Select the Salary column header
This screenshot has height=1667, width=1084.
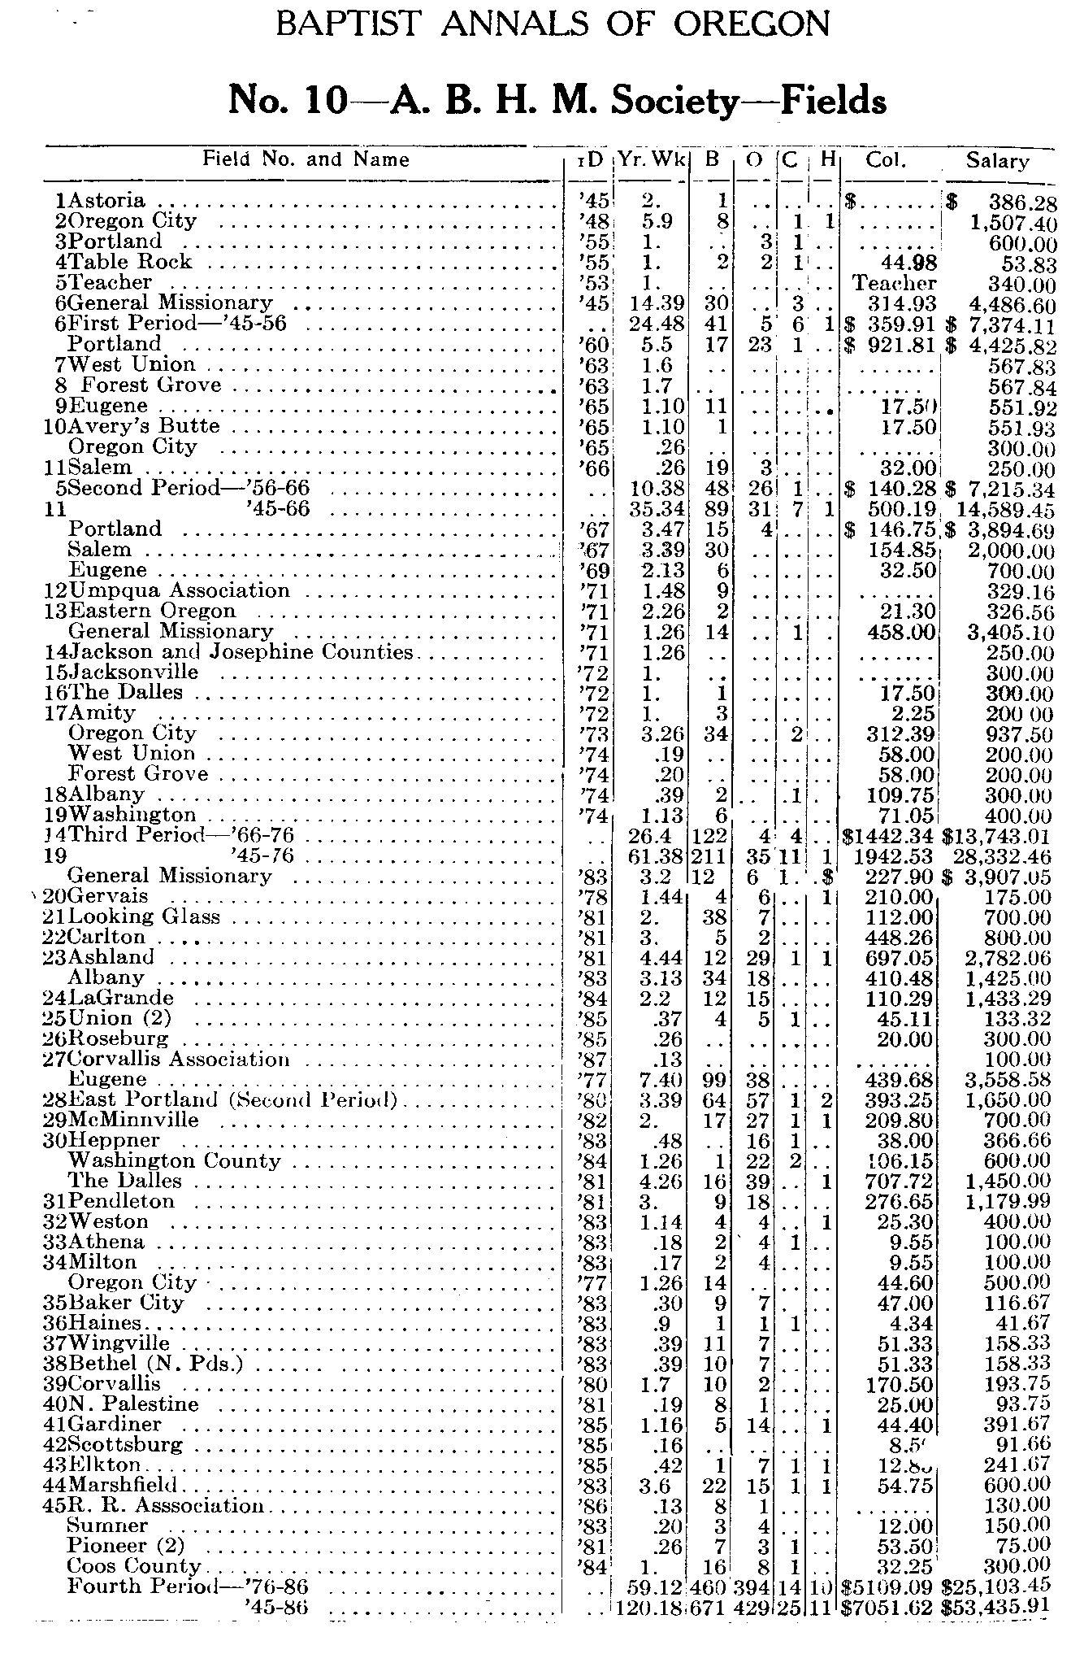point(997,160)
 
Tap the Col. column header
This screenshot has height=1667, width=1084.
point(886,160)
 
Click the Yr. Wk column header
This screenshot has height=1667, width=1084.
point(652,160)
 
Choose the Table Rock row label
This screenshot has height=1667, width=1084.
point(130,262)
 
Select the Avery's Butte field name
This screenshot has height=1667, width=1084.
point(145,426)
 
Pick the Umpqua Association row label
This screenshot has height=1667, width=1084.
point(180,590)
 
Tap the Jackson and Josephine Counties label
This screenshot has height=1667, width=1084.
point(241,651)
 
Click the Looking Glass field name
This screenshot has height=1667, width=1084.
point(145,916)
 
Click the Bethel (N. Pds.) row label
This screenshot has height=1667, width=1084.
point(157,1364)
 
